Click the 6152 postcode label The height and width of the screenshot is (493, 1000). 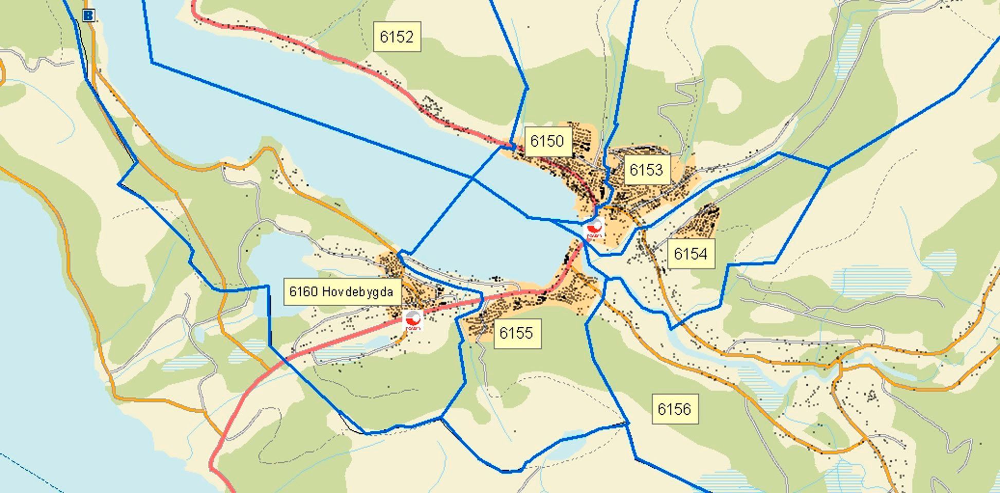pos(397,37)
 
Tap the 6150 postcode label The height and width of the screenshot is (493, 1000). pos(548,141)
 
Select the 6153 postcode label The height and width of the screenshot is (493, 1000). pos(647,170)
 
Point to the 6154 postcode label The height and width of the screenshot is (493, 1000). pos(690,254)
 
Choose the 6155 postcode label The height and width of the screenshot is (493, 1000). pos(517,333)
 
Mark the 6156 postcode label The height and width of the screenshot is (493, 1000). pos(675,409)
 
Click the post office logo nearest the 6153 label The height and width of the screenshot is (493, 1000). pos(595,228)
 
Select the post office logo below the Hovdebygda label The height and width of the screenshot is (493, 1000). pos(413,320)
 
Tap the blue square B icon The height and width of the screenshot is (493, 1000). pos(88,15)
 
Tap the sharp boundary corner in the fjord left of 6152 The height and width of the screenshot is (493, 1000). pos(152,62)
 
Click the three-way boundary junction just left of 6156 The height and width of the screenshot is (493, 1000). pos(627,424)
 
